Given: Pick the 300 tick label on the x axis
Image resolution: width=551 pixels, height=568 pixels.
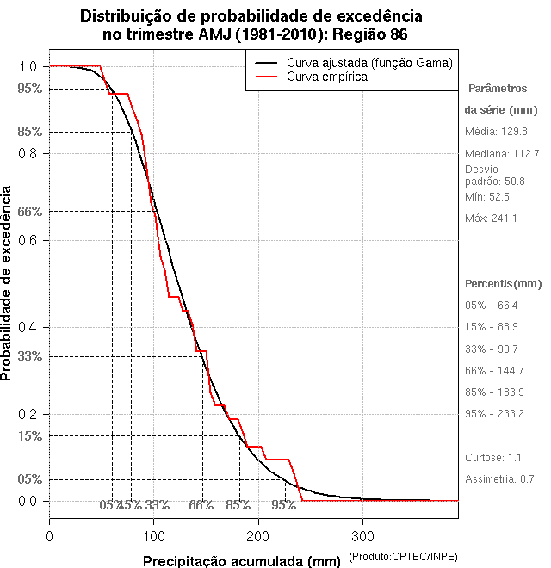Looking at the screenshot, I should (362, 536).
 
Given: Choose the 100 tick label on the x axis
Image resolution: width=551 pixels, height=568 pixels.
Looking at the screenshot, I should (154, 536).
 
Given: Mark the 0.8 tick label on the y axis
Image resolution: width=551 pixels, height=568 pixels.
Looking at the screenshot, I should (28, 153).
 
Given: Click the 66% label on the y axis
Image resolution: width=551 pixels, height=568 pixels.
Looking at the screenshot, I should (29, 211).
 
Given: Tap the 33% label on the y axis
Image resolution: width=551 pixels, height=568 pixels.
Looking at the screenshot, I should (29, 355).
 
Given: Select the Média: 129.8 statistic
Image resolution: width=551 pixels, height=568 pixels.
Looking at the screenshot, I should (496, 132).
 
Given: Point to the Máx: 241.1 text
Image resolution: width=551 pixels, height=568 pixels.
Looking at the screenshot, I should (491, 219).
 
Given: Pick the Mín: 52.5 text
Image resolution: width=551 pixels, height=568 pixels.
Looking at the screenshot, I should (487, 197).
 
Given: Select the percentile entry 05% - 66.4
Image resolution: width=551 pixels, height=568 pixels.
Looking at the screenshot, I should (491, 306).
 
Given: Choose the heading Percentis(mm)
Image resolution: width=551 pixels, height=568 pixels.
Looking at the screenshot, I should (504, 283).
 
